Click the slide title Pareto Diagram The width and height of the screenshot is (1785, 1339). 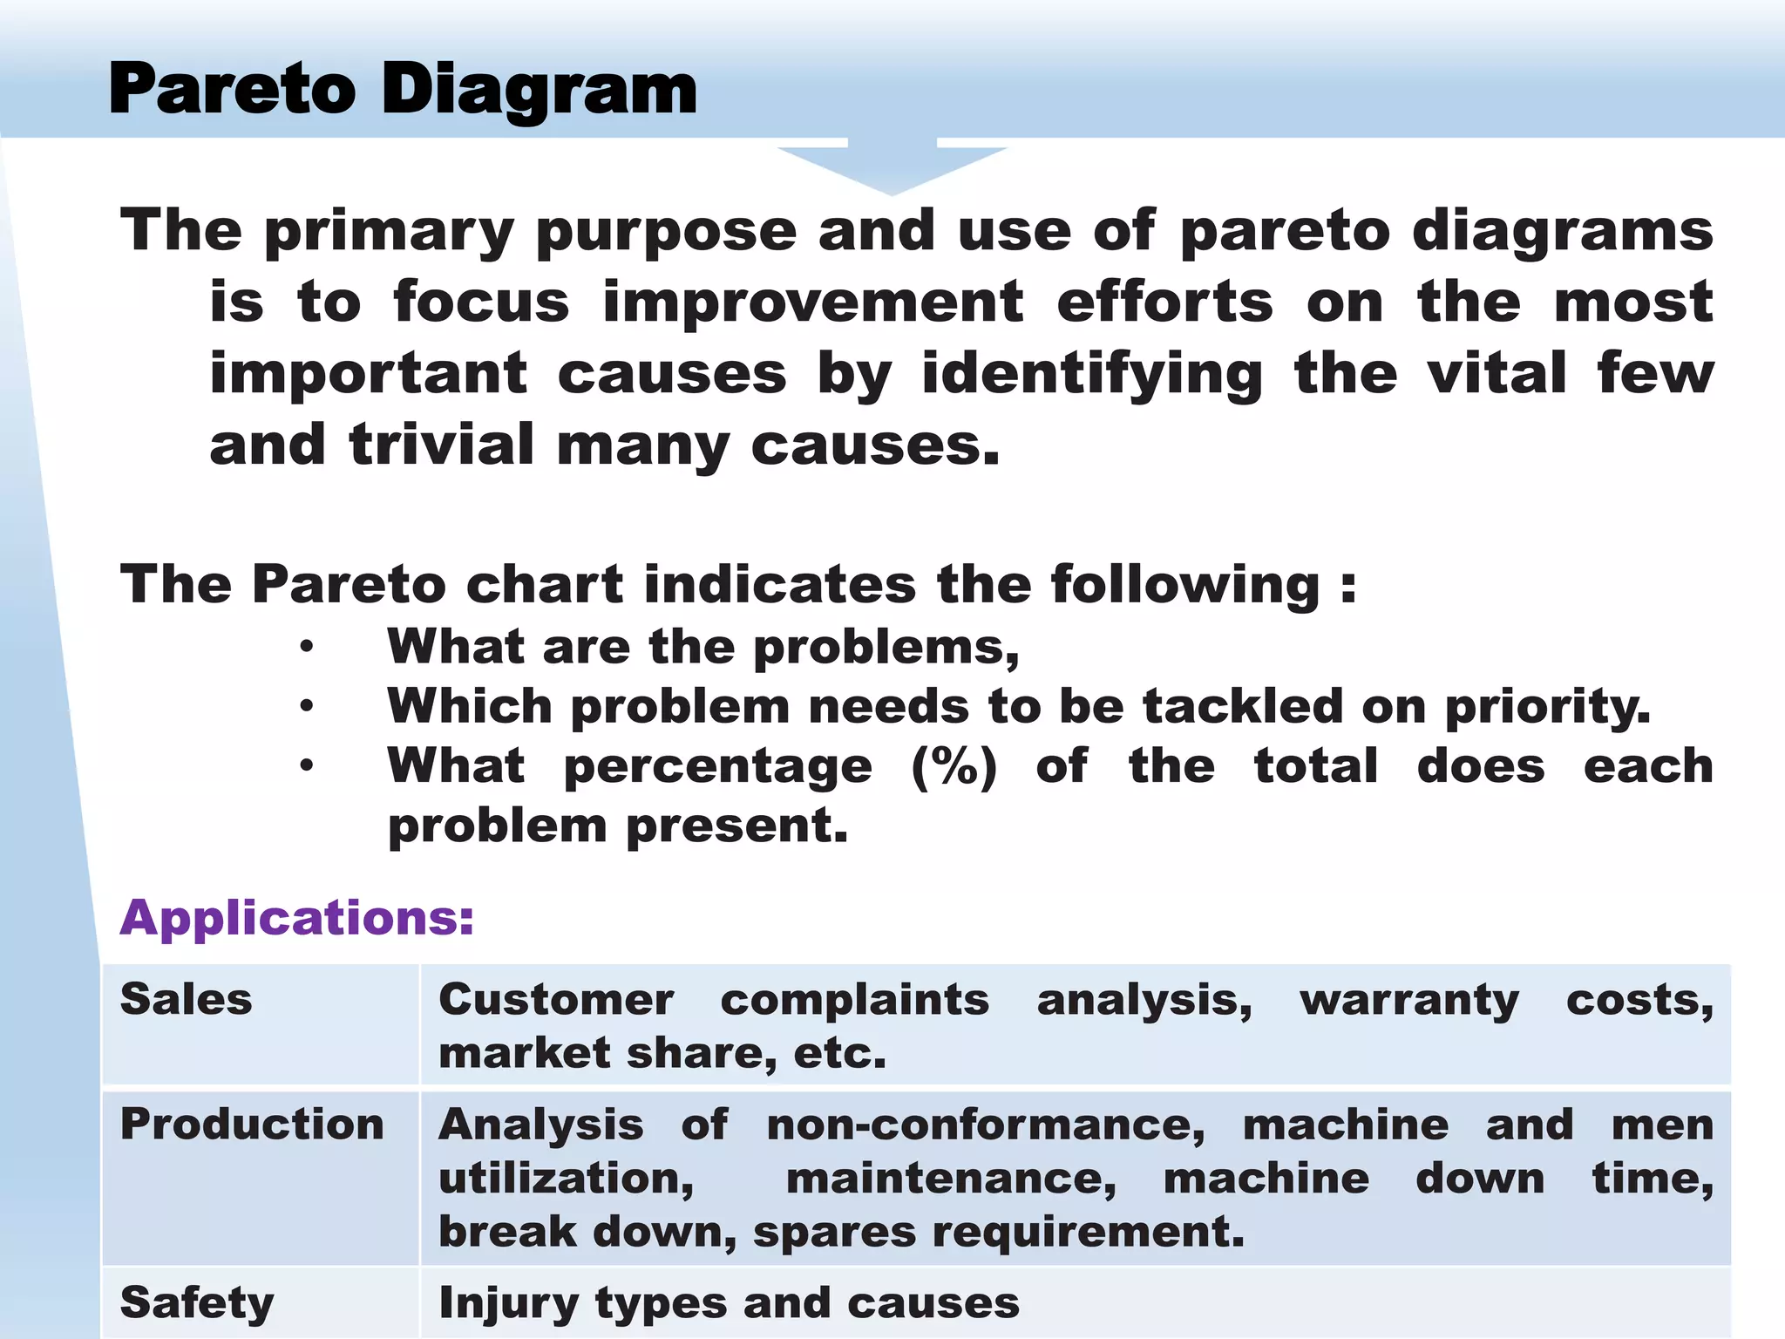403,90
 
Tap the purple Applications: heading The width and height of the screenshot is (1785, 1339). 297,918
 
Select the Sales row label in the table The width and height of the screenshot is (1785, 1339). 186,999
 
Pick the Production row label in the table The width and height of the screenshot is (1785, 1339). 252,1124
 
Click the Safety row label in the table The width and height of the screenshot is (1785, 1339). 197,1303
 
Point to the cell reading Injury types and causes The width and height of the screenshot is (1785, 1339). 729,1303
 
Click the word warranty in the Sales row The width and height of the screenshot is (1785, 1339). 1409,1000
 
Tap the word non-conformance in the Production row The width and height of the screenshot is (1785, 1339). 986,1125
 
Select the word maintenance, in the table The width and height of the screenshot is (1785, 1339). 951,1179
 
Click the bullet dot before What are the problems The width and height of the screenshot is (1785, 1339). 306,647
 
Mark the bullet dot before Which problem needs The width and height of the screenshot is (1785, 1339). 306,706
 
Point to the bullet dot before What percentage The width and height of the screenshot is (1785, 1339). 306,765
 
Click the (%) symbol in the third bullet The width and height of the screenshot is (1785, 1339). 954,766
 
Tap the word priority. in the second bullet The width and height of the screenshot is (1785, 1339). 1547,706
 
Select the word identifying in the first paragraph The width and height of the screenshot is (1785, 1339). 1092,374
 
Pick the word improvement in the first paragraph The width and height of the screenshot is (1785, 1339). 813,302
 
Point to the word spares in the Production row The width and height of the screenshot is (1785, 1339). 832,1233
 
